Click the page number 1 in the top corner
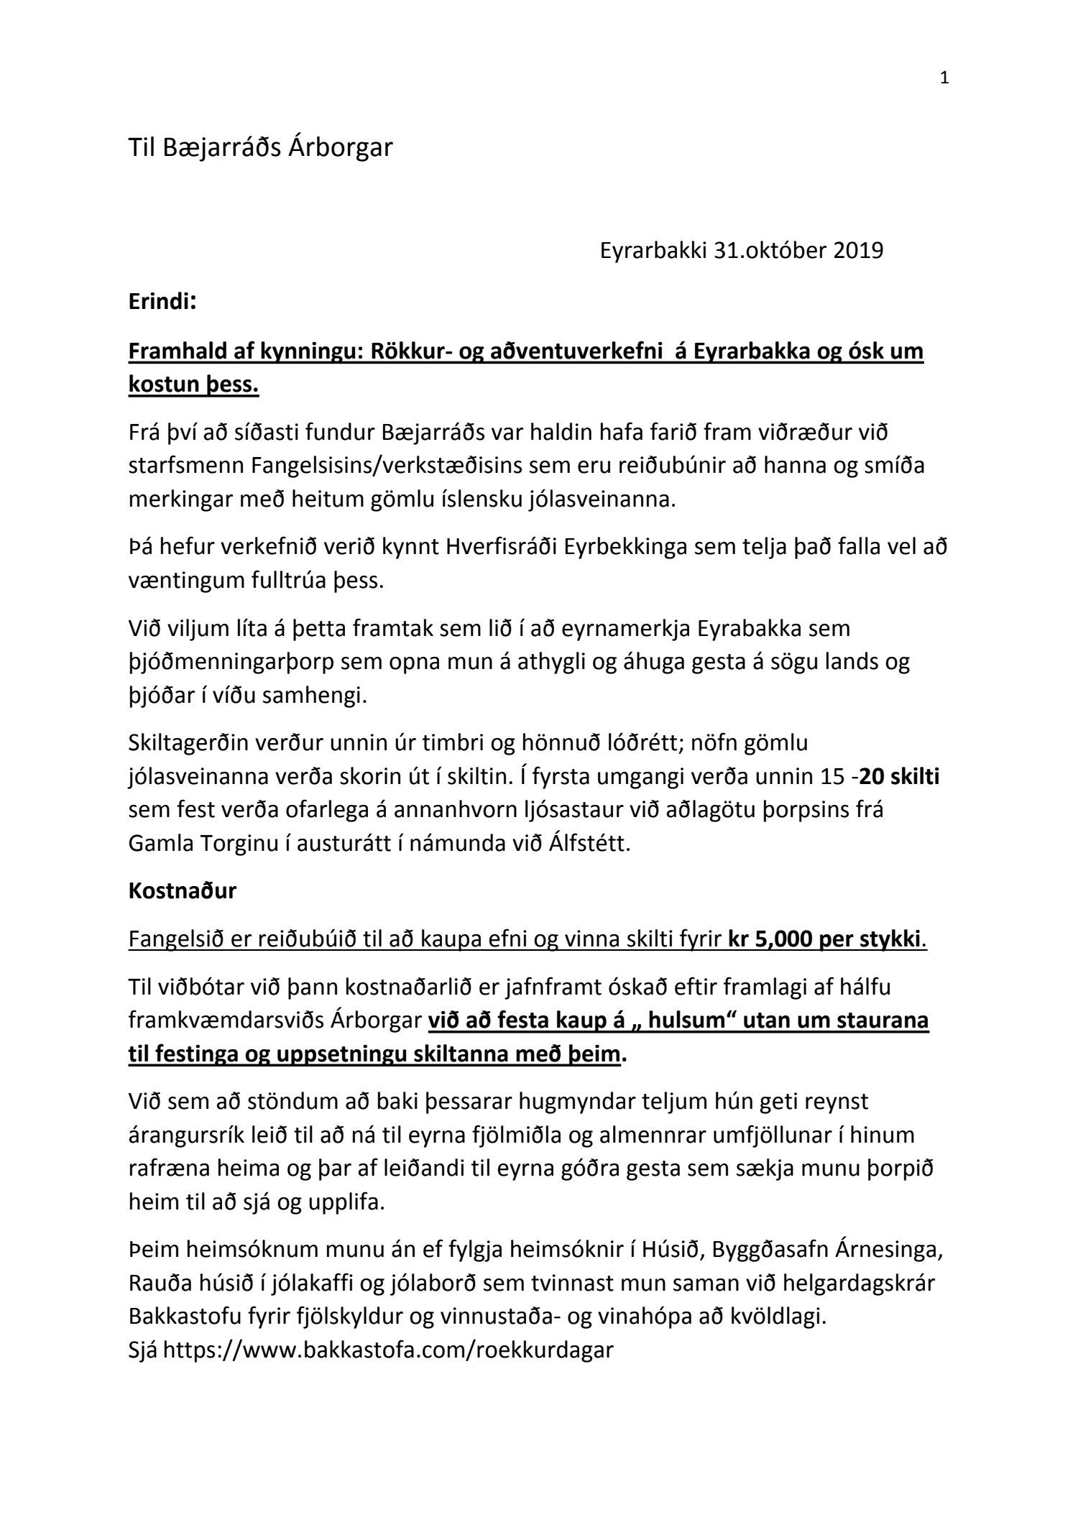pos(944,78)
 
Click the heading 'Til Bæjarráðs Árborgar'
pos(260,148)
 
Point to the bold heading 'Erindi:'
pos(162,303)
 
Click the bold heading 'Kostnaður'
pos(183,892)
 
